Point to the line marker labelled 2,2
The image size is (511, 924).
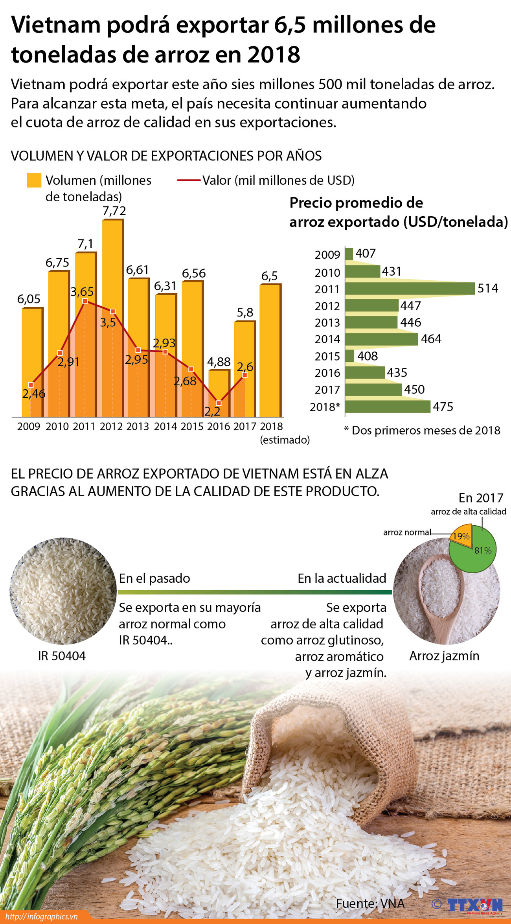pyautogui.click(x=219, y=403)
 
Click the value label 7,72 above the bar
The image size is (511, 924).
pyautogui.click(x=114, y=211)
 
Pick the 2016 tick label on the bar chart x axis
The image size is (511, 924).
pyautogui.click(x=218, y=427)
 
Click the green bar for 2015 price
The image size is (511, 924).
pyautogui.click(x=349, y=356)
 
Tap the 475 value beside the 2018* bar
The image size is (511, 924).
pyautogui.click(x=443, y=407)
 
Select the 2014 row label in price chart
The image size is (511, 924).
pyautogui.click(x=327, y=339)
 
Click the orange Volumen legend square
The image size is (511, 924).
pyautogui.click(x=34, y=180)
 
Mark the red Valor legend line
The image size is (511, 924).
pyautogui.click(x=189, y=180)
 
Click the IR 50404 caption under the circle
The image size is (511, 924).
pyautogui.click(x=62, y=656)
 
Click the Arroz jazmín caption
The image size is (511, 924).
pyautogui.click(x=444, y=656)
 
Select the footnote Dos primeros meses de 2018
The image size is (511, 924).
pyautogui.click(x=423, y=431)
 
